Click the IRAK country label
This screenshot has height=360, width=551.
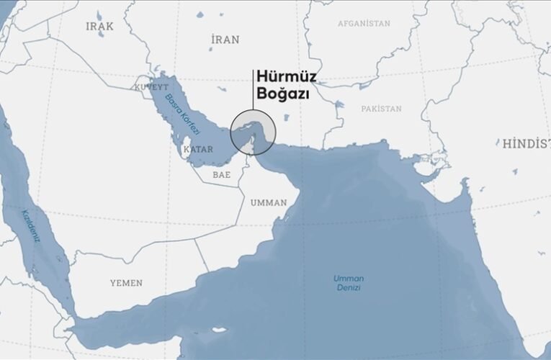click(100, 26)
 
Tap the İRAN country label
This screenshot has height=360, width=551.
click(225, 40)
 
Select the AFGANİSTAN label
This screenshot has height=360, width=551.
click(364, 24)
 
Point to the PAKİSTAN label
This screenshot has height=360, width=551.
click(381, 108)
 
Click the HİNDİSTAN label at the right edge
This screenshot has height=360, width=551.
click(527, 143)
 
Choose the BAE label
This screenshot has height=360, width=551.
click(221, 174)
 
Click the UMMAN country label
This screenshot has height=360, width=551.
click(268, 202)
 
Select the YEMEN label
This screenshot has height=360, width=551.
click(126, 283)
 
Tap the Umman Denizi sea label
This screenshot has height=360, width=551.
click(348, 282)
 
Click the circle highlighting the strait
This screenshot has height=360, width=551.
click(253, 132)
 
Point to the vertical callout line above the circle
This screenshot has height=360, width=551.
click(253, 90)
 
